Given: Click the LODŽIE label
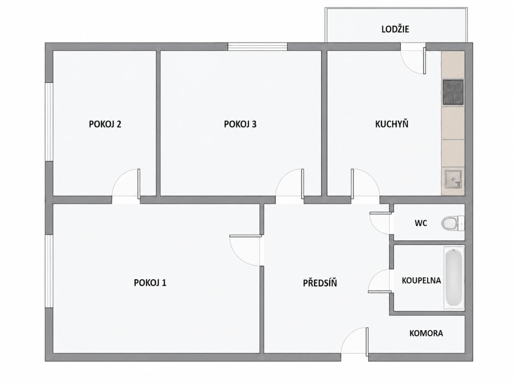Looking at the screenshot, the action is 395,29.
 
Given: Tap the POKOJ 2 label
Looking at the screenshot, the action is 105,124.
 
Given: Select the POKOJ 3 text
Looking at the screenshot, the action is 240,124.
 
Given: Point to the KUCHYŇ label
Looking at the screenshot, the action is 392,124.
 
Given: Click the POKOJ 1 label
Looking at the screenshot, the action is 150,283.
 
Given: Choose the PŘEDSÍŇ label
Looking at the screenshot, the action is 320,282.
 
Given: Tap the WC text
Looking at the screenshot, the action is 421,223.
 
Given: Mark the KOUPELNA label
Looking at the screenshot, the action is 421,280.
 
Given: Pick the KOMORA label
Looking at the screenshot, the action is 426,333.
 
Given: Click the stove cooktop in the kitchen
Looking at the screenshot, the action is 453,92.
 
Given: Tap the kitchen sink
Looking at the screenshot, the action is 453,179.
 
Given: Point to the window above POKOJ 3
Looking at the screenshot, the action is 257,47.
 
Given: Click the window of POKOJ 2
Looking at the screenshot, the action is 49,121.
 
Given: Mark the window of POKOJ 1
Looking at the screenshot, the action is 49,271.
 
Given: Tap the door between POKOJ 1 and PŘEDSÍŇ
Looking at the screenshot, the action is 246,251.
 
